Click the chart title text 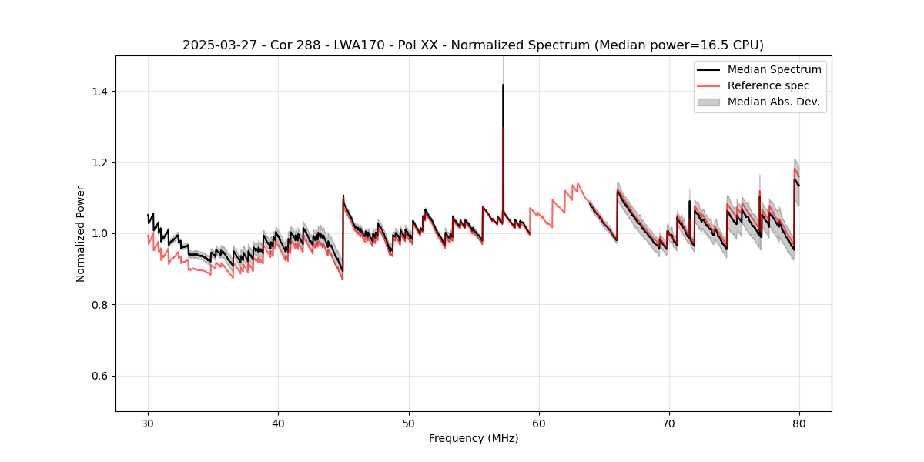pos(473,45)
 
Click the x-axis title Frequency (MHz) pos(473,438)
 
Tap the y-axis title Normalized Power pos(81,233)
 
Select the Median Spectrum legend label pos(774,69)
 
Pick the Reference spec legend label pos(768,85)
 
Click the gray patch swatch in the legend pos(708,102)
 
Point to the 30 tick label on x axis pos(149,423)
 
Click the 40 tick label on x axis pos(279,423)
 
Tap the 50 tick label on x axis pos(409,423)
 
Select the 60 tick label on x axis pos(539,423)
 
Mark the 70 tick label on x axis pos(669,423)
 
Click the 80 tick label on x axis pos(799,423)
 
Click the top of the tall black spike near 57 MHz pos(503,85)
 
